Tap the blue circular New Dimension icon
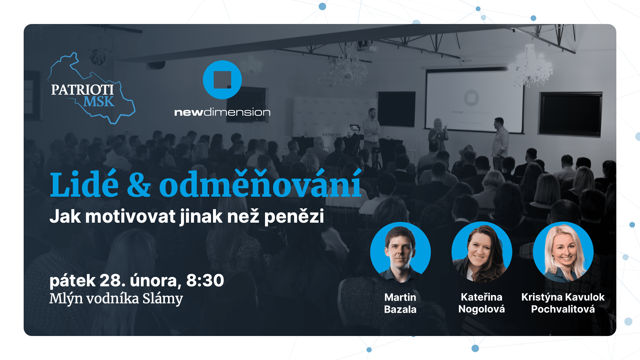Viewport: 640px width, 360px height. (x=222, y=80)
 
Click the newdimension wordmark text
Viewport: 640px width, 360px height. (x=222, y=112)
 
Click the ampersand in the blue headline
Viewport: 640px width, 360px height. (x=139, y=185)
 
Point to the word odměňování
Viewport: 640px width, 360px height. (x=261, y=183)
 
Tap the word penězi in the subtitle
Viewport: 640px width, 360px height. (x=294, y=217)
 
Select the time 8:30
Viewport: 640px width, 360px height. (x=205, y=280)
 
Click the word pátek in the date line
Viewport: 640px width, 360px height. (x=73, y=281)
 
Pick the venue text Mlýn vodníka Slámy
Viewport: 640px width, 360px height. (x=116, y=298)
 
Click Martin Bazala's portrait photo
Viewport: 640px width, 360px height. (x=400, y=252)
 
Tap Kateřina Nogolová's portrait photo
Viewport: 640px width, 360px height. (x=482, y=252)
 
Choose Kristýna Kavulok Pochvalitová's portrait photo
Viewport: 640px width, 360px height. (x=563, y=252)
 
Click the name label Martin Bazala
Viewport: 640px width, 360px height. (x=400, y=303)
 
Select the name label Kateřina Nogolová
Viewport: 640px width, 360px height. (x=482, y=303)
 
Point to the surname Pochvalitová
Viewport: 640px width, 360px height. (x=563, y=309)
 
